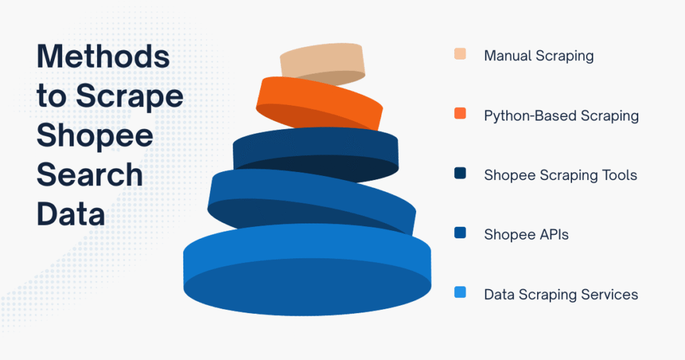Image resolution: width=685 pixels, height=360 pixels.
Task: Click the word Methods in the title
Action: pos(103,57)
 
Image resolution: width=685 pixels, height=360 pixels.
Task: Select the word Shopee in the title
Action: pos(94,136)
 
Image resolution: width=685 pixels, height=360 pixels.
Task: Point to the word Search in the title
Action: pos(89,175)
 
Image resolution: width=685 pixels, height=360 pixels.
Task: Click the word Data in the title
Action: pos(70,215)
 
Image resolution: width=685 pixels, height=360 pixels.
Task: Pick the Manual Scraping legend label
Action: pos(539,56)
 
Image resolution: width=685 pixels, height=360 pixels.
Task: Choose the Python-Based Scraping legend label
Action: pos(561,116)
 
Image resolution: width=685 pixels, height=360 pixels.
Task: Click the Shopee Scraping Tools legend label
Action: pos(561,175)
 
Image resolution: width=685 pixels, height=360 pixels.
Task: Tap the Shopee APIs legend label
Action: pos(526,235)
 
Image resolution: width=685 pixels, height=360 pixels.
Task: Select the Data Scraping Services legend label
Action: pos(561,294)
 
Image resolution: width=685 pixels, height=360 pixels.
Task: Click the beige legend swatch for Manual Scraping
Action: pos(460,54)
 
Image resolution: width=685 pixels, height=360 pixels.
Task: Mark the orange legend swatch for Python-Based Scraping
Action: pos(460,114)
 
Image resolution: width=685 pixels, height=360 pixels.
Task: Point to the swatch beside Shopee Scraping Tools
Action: pos(460,174)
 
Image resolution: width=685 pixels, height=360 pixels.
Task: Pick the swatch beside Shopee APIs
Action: pos(460,234)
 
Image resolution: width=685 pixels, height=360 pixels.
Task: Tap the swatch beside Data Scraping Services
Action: pos(460,293)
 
